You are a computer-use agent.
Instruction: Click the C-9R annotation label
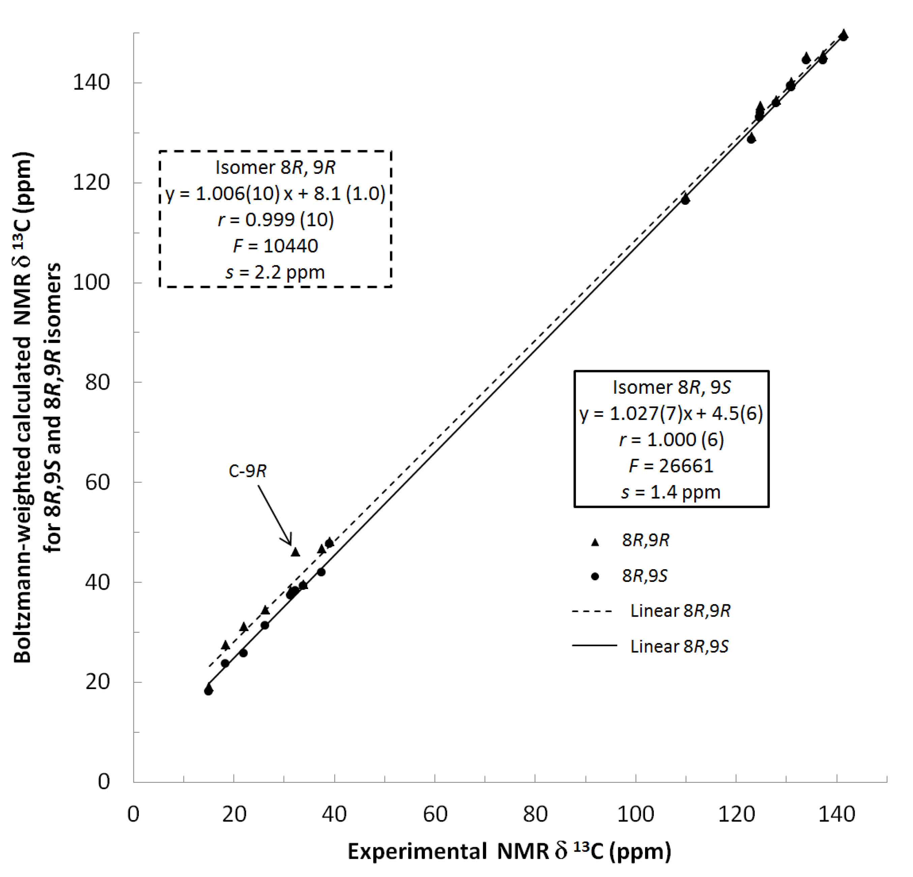pyautogui.click(x=247, y=471)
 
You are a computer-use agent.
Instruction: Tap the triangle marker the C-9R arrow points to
pyautogui.click(x=295, y=552)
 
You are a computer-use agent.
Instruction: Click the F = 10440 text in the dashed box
pyautogui.click(x=275, y=246)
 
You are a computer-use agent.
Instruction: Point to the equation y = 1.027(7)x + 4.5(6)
pyautogui.click(x=671, y=413)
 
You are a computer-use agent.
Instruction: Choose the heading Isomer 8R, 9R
pyautogui.click(x=275, y=168)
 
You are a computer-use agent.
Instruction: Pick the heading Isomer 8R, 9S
pyautogui.click(x=671, y=387)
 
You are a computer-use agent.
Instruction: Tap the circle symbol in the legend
pyautogui.click(x=595, y=576)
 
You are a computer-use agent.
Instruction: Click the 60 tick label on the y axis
pyautogui.click(x=97, y=482)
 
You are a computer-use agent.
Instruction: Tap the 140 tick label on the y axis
pyautogui.click(x=91, y=83)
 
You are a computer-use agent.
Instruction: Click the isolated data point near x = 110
pyautogui.click(x=685, y=199)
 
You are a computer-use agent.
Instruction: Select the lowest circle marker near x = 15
pyautogui.click(x=208, y=691)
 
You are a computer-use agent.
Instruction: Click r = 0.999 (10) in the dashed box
pyautogui.click(x=275, y=220)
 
